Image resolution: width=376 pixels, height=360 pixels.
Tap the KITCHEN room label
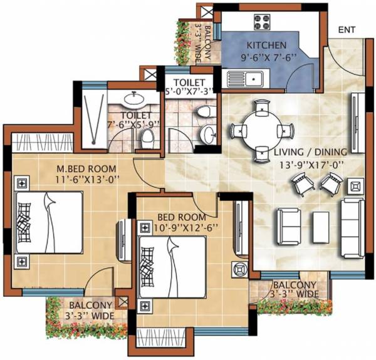[267, 46]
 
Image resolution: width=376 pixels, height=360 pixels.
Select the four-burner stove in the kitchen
[262, 22]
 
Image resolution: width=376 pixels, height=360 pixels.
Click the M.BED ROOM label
[80, 169]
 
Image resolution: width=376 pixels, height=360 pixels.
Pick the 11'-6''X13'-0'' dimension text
[80, 180]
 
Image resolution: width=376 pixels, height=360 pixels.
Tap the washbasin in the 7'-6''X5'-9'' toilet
[132, 98]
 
